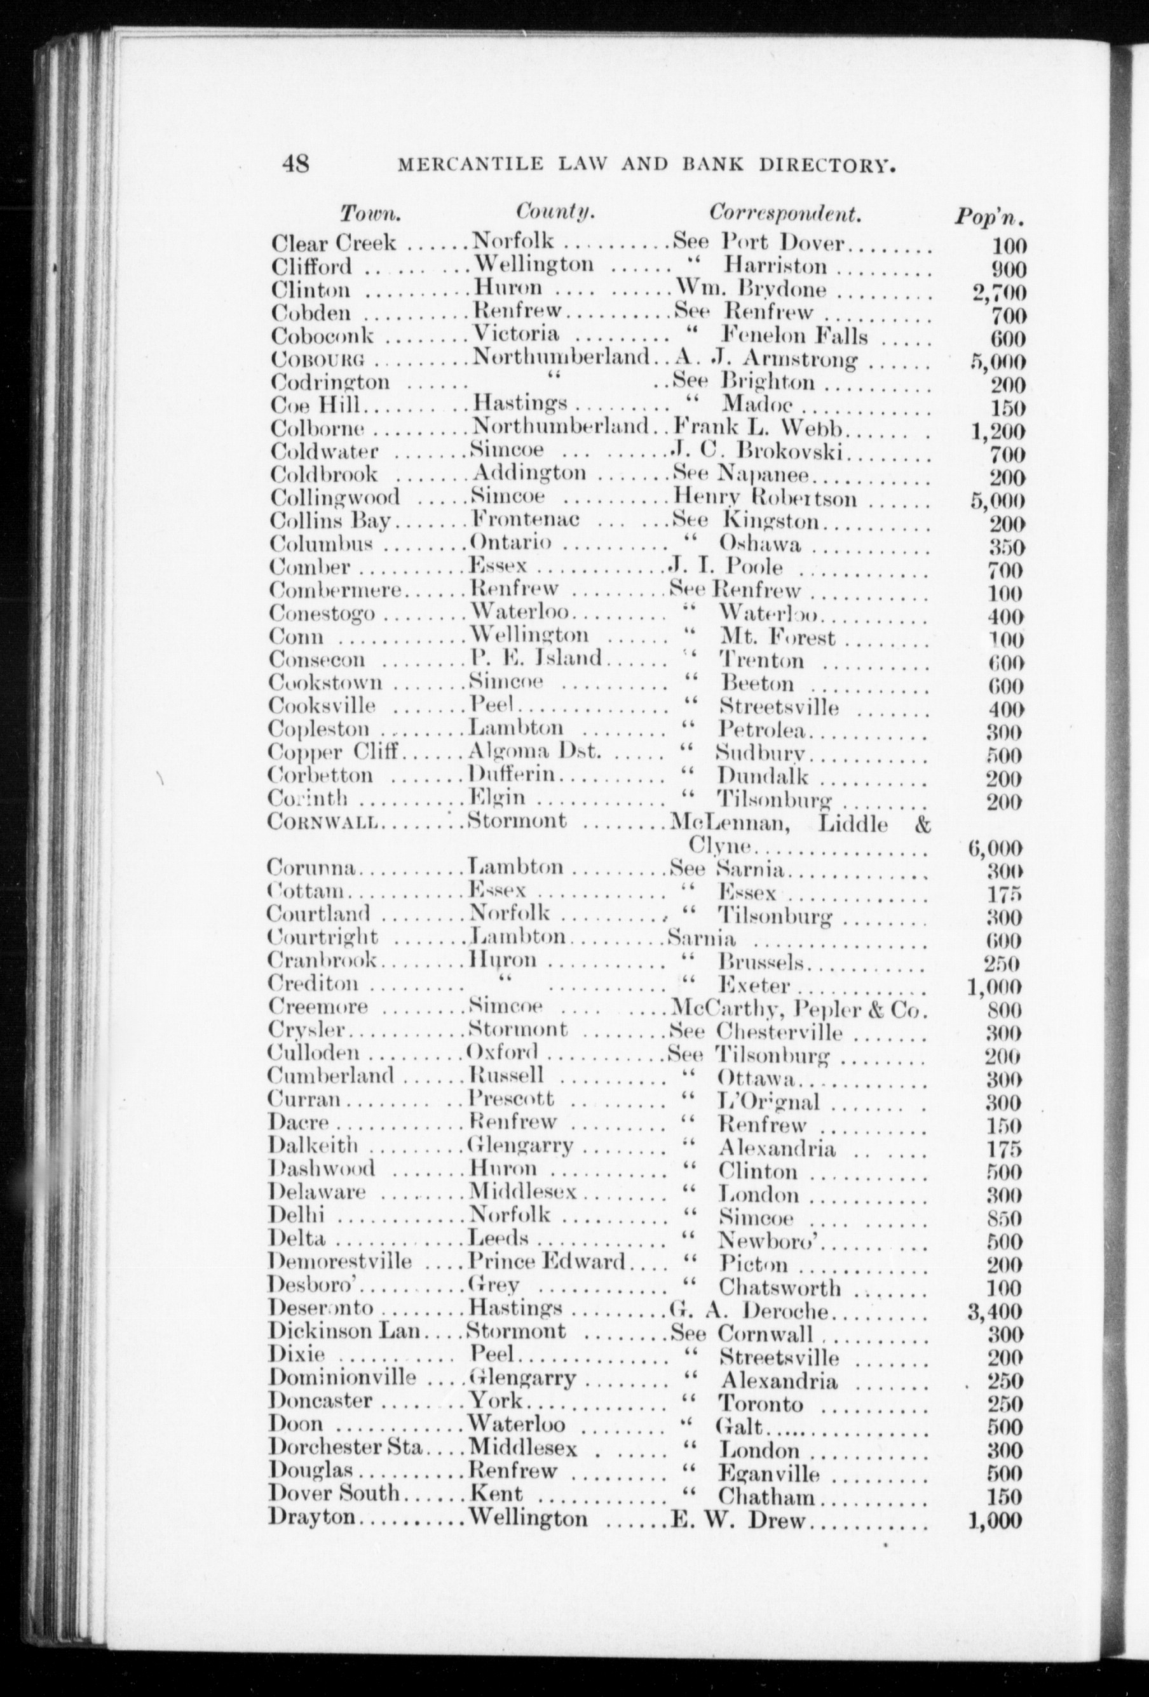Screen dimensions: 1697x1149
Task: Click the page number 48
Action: pyautogui.click(x=295, y=163)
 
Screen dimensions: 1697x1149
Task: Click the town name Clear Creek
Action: pyautogui.click(x=333, y=243)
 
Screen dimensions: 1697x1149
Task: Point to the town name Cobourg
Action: pyautogui.click(x=317, y=359)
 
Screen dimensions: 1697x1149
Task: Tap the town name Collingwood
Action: pyautogui.click(x=334, y=498)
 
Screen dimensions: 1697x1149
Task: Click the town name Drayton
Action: pyautogui.click(x=312, y=1516)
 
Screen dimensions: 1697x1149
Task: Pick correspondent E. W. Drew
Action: pyautogui.click(x=738, y=1520)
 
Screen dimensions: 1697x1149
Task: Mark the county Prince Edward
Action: pyautogui.click(x=547, y=1261)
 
